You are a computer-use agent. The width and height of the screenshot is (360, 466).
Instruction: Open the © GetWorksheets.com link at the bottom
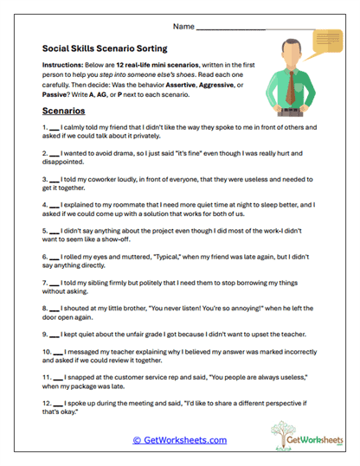[x=179, y=439]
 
